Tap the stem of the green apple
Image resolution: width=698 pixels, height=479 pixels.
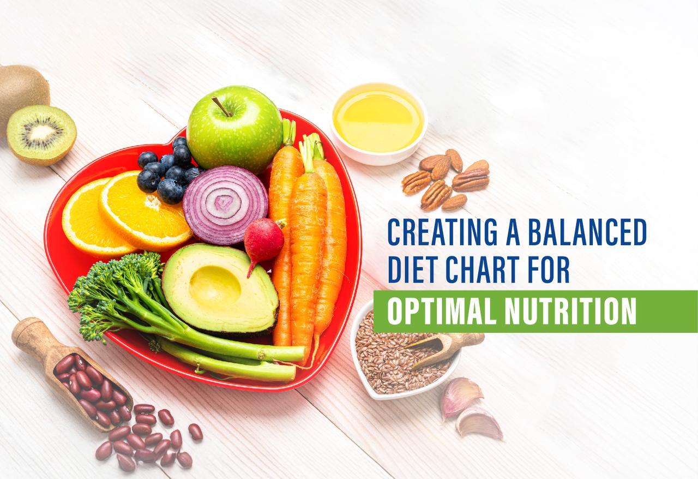coord(222,107)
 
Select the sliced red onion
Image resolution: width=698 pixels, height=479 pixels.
coord(225,205)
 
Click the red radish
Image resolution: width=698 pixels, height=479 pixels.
coord(263,240)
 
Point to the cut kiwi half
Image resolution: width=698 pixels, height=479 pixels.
coord(41,134)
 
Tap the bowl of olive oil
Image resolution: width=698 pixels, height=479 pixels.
coord(378,121)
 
